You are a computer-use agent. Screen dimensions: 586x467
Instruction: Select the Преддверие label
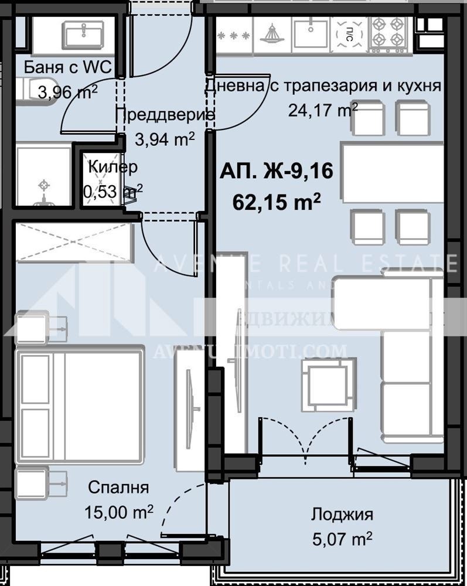[165, 115]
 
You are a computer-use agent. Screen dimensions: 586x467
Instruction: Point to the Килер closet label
[113, 166]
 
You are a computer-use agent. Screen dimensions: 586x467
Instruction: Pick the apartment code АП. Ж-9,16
[277, 172]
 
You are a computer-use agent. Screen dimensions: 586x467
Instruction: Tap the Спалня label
[118, 488]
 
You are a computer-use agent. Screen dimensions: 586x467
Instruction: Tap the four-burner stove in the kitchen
[388, 32]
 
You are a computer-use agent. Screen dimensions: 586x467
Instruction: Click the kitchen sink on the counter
[310, 33]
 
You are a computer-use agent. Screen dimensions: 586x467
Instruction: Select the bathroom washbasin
[84, 35]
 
